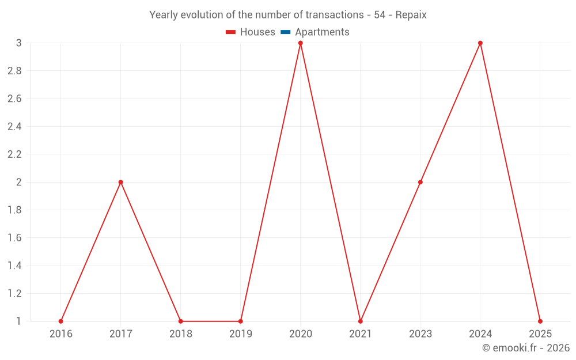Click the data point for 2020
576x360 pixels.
pos(300,43)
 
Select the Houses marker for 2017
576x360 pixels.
pos(120,182)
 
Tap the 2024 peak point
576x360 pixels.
pos(480,43)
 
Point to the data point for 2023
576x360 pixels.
pos(420,182)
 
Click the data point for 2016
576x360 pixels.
pos(60,321)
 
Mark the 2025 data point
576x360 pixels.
pos(540,321)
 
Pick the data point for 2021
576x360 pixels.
pos(360,321)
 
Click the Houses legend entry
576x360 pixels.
pos(251,32)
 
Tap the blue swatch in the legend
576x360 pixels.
pos(285,32)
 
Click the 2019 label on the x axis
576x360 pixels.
pos(240,334)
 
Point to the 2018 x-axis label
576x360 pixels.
pos(180,334)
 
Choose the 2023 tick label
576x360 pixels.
pos(420,334)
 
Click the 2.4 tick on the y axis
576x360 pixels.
pos(14,127)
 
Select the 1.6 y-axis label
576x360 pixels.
pos(14,238)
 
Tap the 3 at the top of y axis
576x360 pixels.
pos(18,43)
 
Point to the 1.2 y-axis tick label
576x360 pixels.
pos(14,294)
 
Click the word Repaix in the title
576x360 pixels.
pos(411,15)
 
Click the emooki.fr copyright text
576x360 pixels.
pos(525,348)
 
